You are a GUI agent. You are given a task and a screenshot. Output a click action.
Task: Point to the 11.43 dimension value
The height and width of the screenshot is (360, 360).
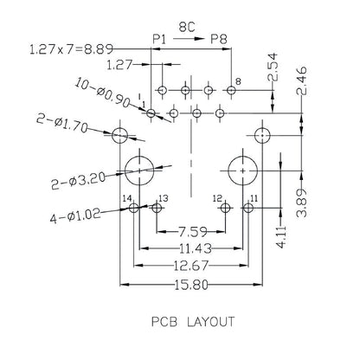click(190, 247)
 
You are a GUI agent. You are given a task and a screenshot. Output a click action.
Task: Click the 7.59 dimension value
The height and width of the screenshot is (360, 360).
click(190, 231)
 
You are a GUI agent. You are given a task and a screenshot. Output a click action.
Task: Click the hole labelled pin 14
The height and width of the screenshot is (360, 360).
click(133, 209)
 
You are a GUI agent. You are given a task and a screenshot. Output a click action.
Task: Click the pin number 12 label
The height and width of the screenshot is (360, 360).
click(217, 199)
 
